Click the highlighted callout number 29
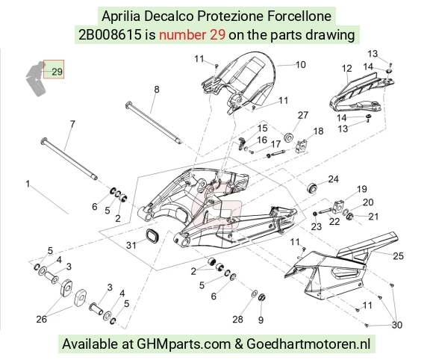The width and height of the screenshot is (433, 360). pos(57,72)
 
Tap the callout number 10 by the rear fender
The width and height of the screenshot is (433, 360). pos(300,65)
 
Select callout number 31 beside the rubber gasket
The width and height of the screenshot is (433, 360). pos(131,245)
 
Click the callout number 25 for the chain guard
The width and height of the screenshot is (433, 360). pos(398,256)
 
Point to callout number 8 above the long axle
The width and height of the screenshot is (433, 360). pos(157,89)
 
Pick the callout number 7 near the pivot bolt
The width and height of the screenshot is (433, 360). pos(72,124)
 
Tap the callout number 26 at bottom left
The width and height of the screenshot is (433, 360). pos(41,320)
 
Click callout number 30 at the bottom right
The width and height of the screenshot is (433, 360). pos(397,325)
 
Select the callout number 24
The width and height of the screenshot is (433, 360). pos(333,179)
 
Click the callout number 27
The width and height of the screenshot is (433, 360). pos(303,115)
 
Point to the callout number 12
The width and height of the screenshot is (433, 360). pos(347,68)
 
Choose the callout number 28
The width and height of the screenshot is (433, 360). pos(237,320)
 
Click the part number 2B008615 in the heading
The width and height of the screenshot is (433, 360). pos(110,35)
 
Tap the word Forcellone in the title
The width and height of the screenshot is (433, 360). pos(299,16)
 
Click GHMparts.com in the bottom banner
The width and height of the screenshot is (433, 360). pos(184,344)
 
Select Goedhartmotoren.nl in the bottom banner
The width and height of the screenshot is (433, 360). pos(308,344)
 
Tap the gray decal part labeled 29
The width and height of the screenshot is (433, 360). pos(36,78)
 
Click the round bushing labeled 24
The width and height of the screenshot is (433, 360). pos(312,187)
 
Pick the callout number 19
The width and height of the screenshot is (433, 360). pos(362,189)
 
